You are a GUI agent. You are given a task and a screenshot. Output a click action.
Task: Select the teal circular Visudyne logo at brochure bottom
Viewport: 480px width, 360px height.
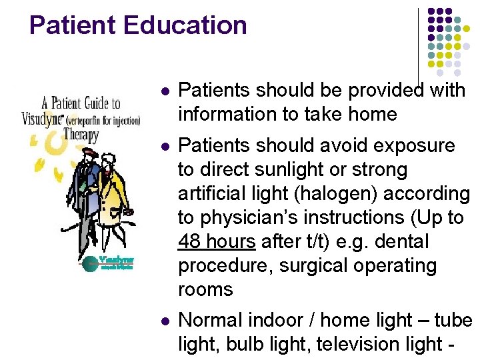click(89, 263)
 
